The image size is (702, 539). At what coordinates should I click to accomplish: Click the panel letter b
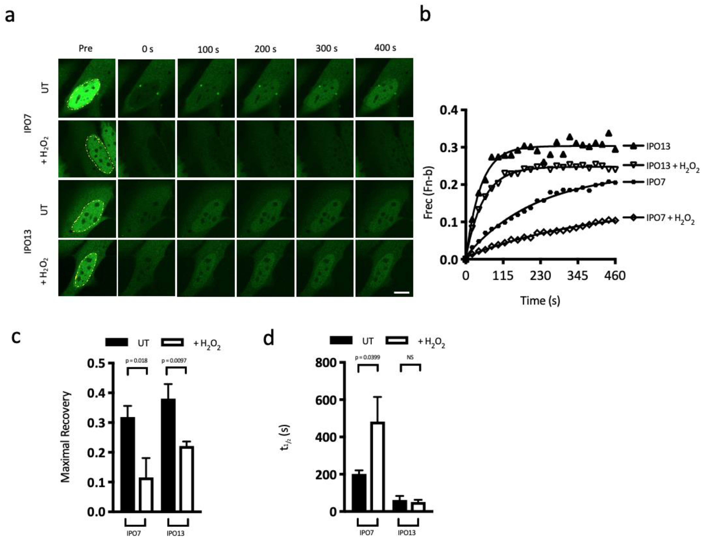coord(425,15)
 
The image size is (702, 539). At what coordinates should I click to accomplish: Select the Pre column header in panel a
coord(86,48)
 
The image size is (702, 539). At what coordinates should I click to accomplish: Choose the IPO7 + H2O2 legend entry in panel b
coord(670,219)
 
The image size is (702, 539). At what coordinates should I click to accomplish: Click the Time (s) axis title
coord(540,301)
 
